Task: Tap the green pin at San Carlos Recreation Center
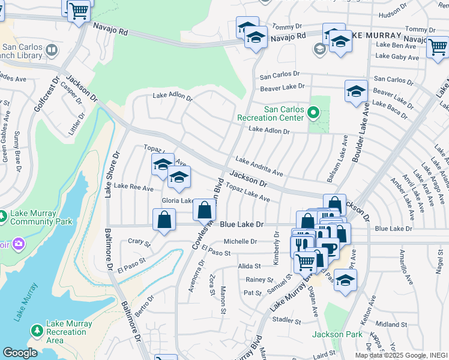tap(313, 112)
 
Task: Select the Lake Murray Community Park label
tap(40, 218)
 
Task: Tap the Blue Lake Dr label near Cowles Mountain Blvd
tap(242, 224)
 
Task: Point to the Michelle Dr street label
tap(240, 241)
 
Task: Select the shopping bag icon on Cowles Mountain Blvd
tap(204, 211)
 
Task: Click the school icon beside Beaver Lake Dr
tap(356, 92)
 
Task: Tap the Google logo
tap(20, 352)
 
